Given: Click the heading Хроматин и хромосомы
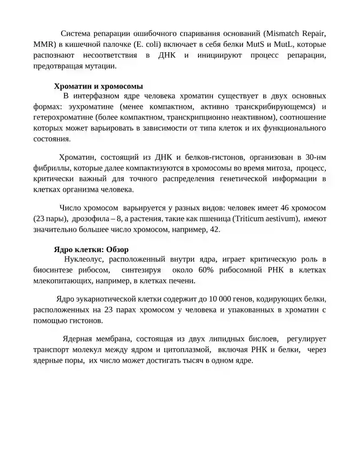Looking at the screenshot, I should [99, 86].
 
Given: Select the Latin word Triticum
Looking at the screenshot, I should [249, 219].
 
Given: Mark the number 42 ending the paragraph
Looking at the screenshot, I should [215, 229].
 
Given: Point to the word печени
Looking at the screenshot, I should [183, 281].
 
